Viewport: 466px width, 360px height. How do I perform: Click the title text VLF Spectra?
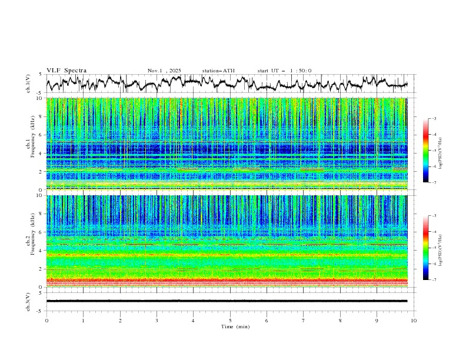[66, 71]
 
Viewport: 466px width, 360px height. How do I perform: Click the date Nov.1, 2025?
[164, 71]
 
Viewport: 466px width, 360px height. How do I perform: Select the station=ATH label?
[218, 71]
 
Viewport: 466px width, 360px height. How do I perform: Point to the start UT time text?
[285, 71]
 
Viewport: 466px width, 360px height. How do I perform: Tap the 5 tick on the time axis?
[230, 321]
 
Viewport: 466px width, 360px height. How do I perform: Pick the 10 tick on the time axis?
[414, 321]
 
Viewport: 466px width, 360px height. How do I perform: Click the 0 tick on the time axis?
[46, 321]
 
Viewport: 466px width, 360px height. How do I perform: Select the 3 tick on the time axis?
[157, 321]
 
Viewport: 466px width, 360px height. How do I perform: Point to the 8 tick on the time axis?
[340, 321]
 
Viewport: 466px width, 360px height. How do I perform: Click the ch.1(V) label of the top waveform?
[28, 84]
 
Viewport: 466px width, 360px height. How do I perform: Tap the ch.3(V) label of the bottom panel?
[28, 301]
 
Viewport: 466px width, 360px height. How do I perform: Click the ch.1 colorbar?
[426, 151]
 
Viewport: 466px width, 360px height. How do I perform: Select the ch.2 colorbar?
[426, 248]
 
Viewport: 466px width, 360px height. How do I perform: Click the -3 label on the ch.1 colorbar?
[433, 119]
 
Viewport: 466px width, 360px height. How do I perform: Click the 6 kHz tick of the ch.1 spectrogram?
[41, 135]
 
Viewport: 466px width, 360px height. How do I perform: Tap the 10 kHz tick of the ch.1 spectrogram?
[40, 99]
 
